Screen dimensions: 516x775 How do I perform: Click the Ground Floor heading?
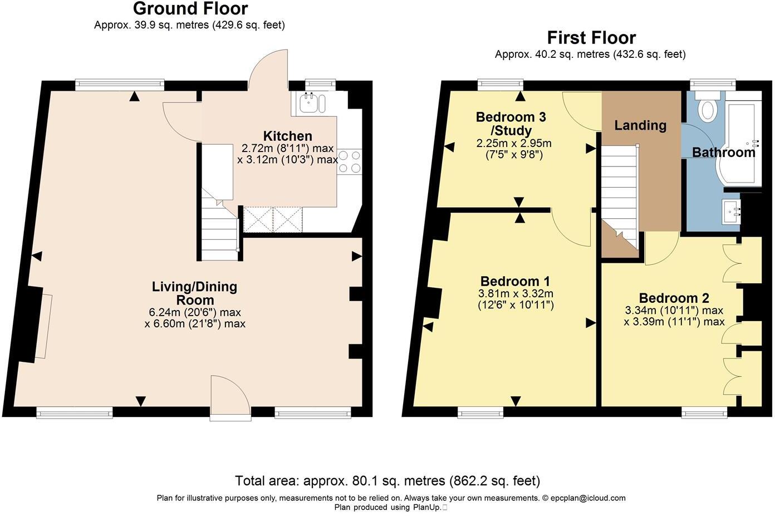(190, 9)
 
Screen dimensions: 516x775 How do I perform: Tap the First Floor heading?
(591, 38)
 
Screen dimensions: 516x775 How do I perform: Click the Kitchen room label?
(287, 136)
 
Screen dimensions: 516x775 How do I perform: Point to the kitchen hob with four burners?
(349, 161)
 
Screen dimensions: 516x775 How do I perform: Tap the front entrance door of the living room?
(230, 395)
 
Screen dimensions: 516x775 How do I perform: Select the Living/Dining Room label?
(194, 293)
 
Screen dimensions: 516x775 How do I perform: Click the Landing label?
(640, 125)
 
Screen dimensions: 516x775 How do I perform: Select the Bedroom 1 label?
(515, 281)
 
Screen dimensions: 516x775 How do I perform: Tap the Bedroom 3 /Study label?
(510, 124)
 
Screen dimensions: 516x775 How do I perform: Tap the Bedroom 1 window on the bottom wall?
(480, 412)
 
